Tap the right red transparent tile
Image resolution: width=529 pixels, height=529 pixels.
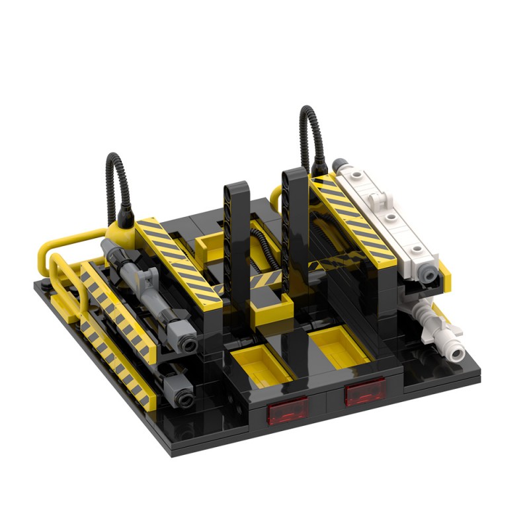tap(364, 393)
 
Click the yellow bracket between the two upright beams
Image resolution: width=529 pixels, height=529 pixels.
tap(271, 307)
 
